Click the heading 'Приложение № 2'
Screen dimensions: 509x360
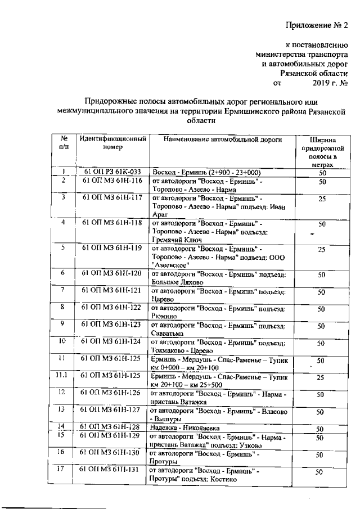click(x=317, y=25)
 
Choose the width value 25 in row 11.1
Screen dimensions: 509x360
click(x=320, y=377)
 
